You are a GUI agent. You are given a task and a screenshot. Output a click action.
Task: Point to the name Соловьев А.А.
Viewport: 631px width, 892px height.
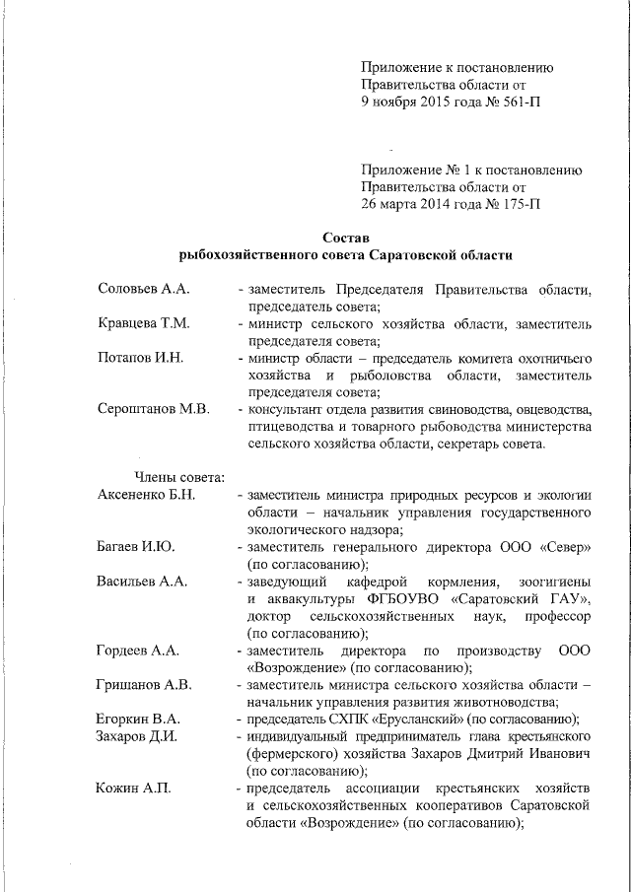pyautogui.click(x=144, y=290)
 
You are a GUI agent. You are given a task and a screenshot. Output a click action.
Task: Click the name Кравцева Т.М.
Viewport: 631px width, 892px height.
pyautogui.click(x=144, y=323)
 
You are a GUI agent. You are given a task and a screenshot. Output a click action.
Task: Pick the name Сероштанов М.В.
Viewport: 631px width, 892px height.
pyautogui.click(x=154, y=409)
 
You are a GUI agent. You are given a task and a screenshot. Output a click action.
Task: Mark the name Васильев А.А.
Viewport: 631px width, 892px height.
pyautogui.click(x=142, y=580)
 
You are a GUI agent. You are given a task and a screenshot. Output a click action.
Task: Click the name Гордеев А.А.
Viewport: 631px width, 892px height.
pyautogui.click(x=138, y=650)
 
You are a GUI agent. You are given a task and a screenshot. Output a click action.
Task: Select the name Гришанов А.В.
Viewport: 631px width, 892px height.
pyautogui.click(x=144, y=684)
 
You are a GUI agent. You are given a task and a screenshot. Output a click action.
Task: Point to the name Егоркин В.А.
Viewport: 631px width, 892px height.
pyautogui.click(x=139, y=719)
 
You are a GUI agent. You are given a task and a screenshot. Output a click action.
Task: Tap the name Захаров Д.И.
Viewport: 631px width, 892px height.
pyautogui.click(x=137, y=735)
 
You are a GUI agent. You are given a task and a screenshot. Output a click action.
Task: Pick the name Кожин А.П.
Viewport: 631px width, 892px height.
pyautogui.click(x=132, y=788)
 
